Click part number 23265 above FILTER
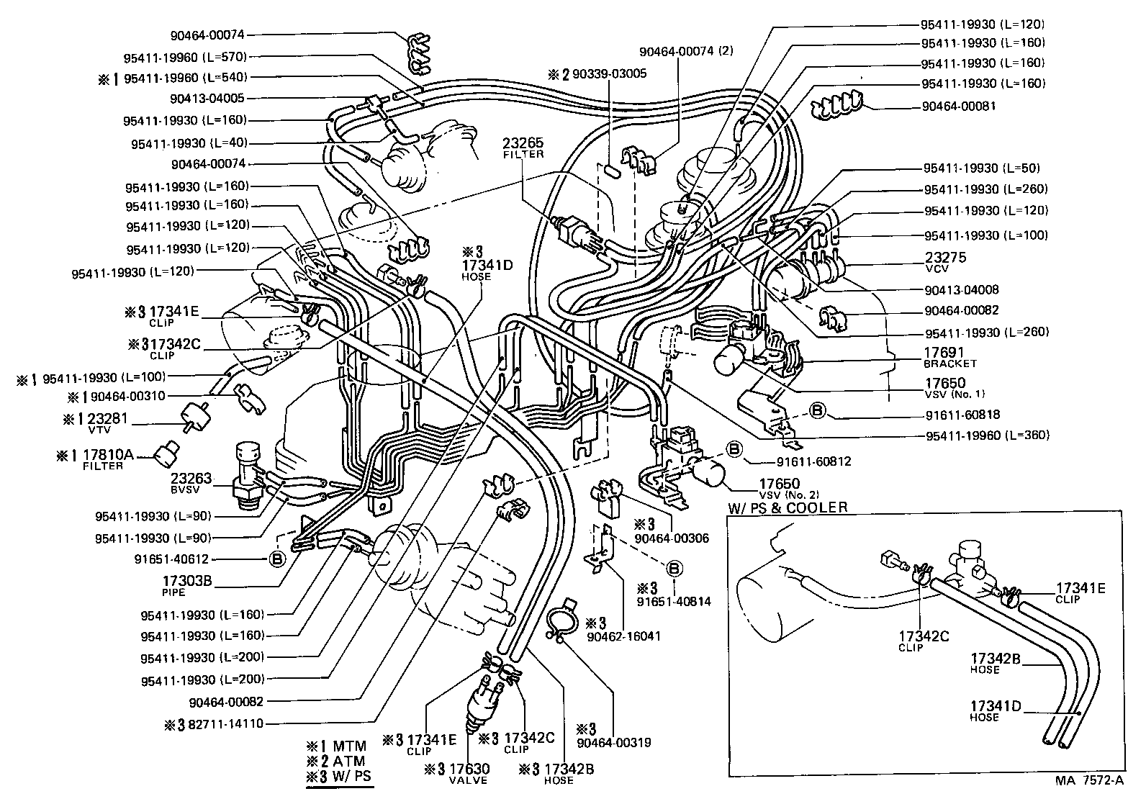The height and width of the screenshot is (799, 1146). pos(523,143)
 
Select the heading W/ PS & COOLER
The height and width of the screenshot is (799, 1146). pos(787,507)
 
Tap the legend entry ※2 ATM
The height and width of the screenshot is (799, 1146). pos(335,761)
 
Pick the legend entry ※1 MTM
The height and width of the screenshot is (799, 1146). pos(335,746)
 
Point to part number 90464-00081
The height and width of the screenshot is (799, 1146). pos(959,107)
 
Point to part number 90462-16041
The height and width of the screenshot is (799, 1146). pos(621,636)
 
